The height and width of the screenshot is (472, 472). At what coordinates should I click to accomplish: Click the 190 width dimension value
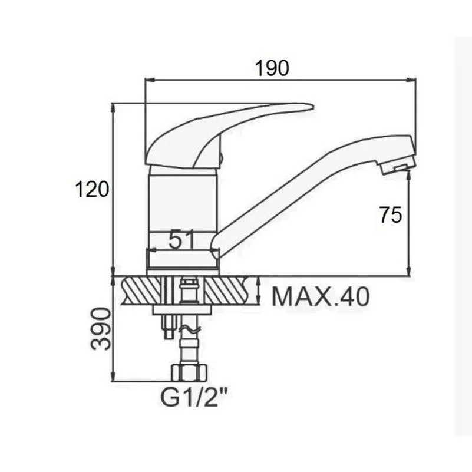coord(272,68)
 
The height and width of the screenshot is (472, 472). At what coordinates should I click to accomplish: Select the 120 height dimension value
coord(92,189)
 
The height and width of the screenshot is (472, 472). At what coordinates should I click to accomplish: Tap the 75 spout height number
coord(391,214)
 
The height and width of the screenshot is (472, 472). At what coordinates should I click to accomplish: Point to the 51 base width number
coord(181,239)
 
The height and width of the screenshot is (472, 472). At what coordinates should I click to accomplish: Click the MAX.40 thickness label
coord(321,297)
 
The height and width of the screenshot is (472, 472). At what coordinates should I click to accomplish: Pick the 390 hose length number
coord(101,329)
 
